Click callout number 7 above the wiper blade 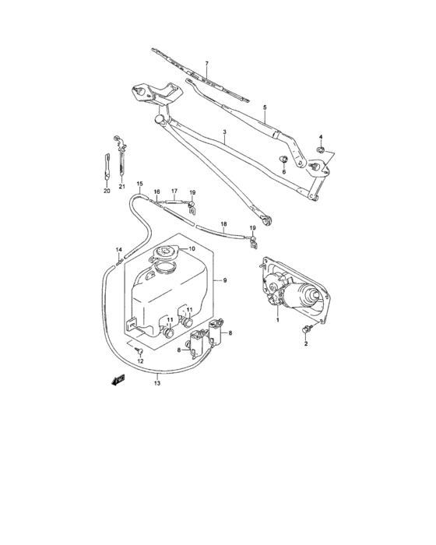point(207,63)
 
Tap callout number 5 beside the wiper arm point(265,107)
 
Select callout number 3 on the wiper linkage point(224,133)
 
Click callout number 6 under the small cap point(283,172)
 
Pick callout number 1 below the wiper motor point(276,319)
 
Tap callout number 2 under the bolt point(306,343)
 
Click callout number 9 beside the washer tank point(224,280)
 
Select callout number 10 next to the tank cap point(191,249)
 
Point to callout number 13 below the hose point(158,383)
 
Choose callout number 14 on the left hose point(119,249)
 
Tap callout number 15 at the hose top point(140,184)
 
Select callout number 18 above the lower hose point(223,225)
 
